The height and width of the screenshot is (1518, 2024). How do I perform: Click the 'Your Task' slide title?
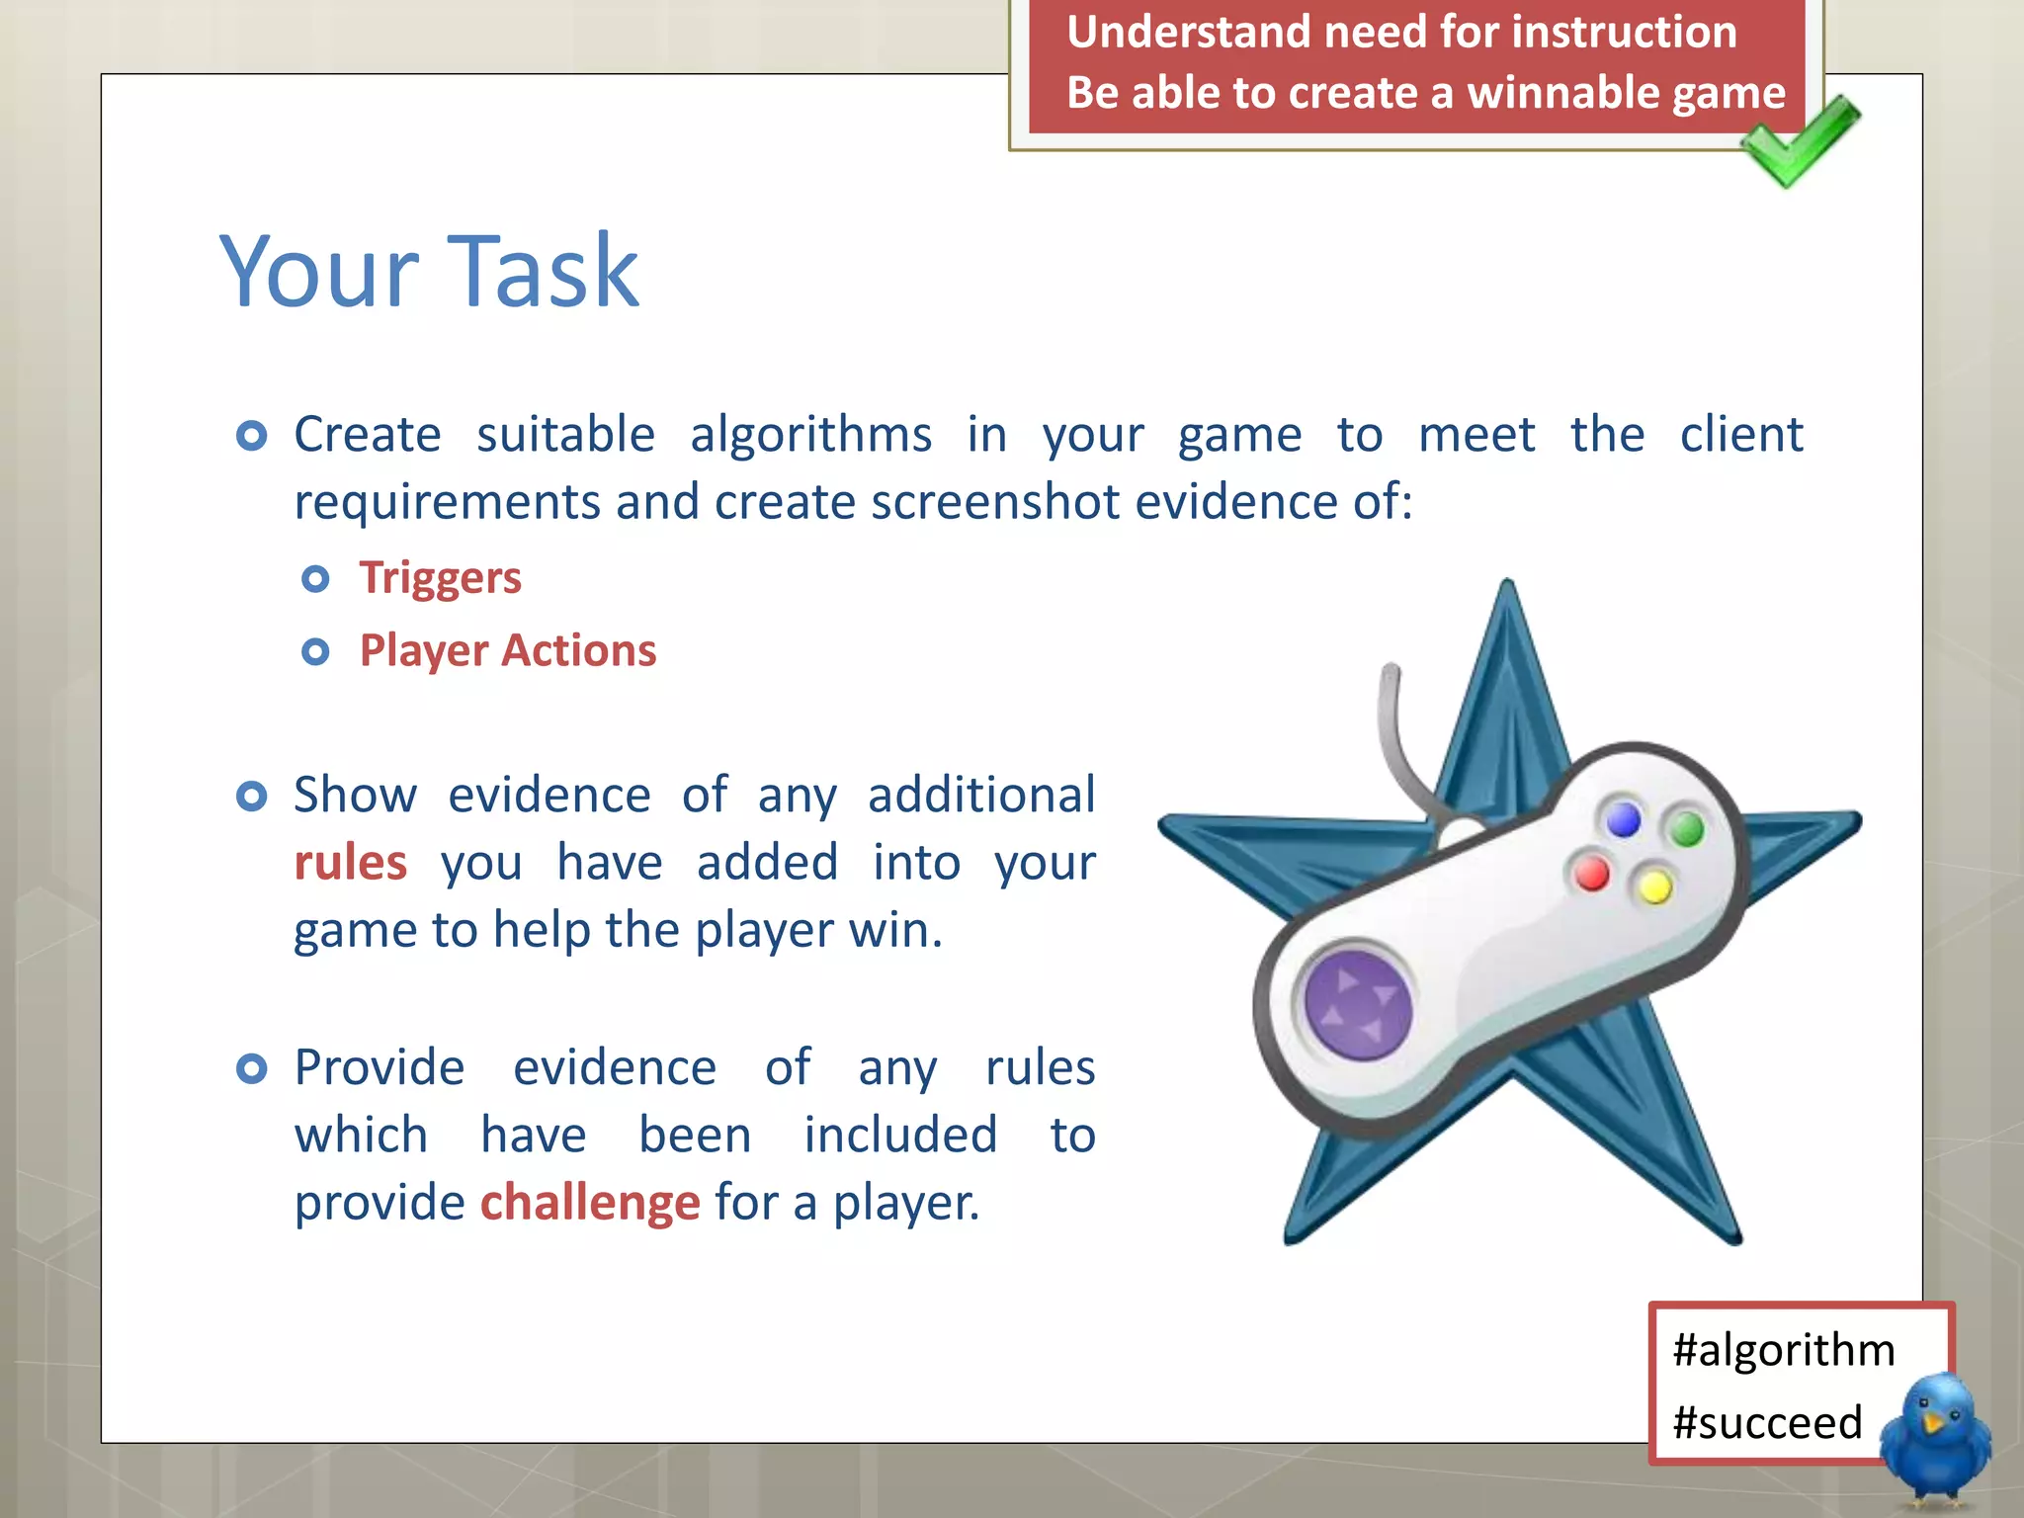pyautogui.click(x=429, y=272)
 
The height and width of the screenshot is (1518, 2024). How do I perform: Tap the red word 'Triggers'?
pyautogui.click(x=440, y=578)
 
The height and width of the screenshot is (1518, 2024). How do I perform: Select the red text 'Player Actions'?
pyautogui.click(x=508, y=651)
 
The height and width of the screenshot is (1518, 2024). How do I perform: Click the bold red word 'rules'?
pyautogui.click(x=351, y=863)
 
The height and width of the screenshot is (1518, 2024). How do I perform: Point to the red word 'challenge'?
pyautogui.click(x=590, y=1203)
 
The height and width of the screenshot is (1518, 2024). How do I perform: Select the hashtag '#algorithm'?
pyautogui.click(x=1784, y=1350)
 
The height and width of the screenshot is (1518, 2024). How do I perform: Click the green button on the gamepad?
pyautogui.click(x=1687, y=828)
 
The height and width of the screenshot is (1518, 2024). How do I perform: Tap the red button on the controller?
pyautogui.click(x=1591, y=874)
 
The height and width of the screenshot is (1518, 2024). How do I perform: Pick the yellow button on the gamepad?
pyautogui.click(x=1654, y=886)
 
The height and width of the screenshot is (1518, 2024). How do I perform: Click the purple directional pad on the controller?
pyautogui.click(x=1358, y=1003)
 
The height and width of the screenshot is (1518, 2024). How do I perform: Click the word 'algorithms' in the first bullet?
pyautogui.click(x=810, y=436)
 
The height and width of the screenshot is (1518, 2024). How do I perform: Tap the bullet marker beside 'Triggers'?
pyautogui.click(x=315, y=578)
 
